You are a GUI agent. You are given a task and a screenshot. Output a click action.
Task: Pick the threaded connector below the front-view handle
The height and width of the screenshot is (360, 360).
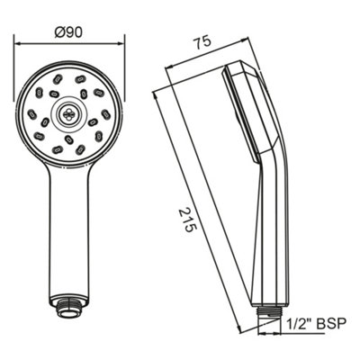click(69, 310)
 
